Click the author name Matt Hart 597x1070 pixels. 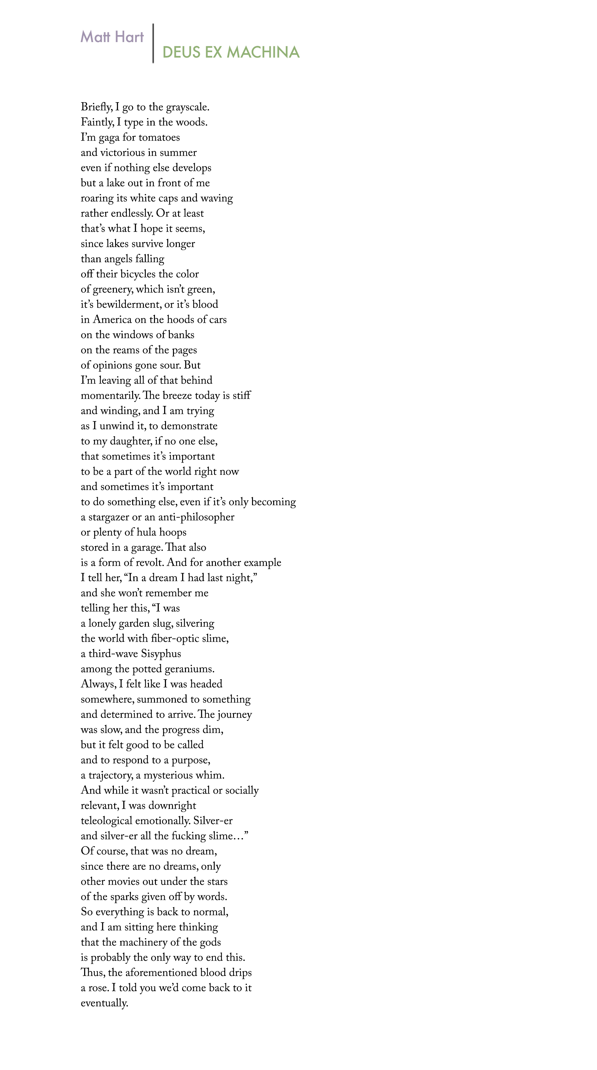112,37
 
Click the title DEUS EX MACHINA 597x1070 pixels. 231,52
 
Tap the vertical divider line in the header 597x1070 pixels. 153,43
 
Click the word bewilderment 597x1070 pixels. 129,304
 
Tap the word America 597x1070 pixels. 112,320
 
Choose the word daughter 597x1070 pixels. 130,441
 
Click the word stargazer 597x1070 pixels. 110,517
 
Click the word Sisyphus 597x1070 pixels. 161,654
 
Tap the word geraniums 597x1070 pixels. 189,669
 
